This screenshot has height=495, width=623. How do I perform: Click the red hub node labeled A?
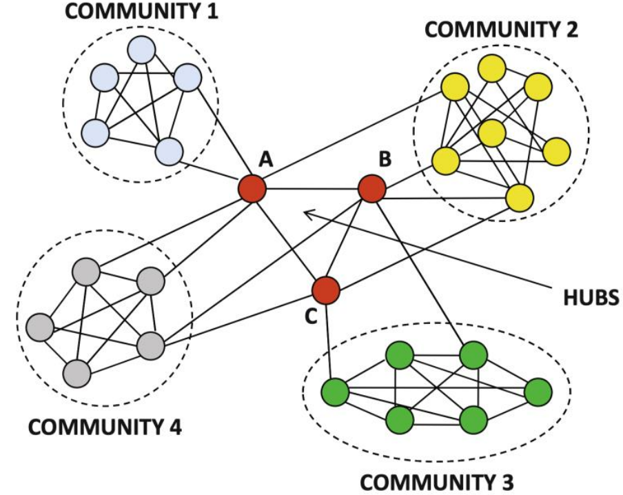click(252, 188)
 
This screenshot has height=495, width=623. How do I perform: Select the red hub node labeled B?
click(372, 189)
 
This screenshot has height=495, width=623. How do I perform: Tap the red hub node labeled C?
click(326, 290)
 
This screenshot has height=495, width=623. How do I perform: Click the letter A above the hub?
click(267, 160)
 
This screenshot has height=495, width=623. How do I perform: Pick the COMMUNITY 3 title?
click(438, 481)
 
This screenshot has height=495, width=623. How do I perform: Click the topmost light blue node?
click(141, 50)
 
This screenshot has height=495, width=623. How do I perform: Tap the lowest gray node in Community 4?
click(77, 374)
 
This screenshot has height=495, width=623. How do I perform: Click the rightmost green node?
click(538, 392)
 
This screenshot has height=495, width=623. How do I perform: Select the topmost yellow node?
click(493, 68)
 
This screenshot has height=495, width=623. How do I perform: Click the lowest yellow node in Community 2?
click(520, 199)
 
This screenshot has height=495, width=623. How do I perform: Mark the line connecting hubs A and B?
click(311, 189)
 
